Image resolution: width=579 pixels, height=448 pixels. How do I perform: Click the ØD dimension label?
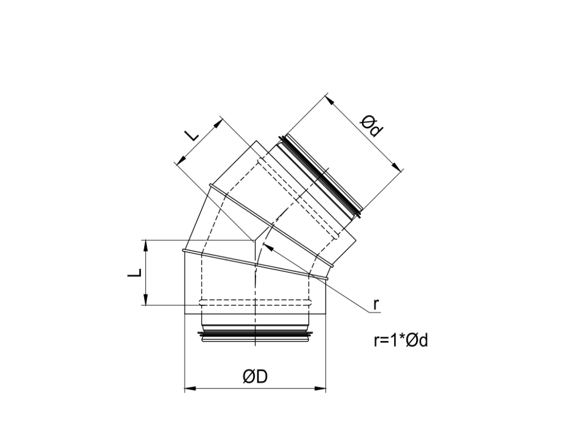pos(255,377)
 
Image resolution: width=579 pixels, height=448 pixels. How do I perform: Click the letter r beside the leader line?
pos(375,304)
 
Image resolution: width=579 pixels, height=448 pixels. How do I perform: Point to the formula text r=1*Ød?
pos(400,340)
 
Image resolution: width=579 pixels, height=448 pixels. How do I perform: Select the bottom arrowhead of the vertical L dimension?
pos(146,301)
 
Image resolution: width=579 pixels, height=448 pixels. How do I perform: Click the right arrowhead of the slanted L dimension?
pos(219,122)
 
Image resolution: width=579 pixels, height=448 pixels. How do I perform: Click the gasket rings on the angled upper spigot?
pos(322,175)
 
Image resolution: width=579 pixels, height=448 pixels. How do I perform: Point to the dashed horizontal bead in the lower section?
pos(256,301)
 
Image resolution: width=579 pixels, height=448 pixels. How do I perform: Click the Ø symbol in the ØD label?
pos(249,377)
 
